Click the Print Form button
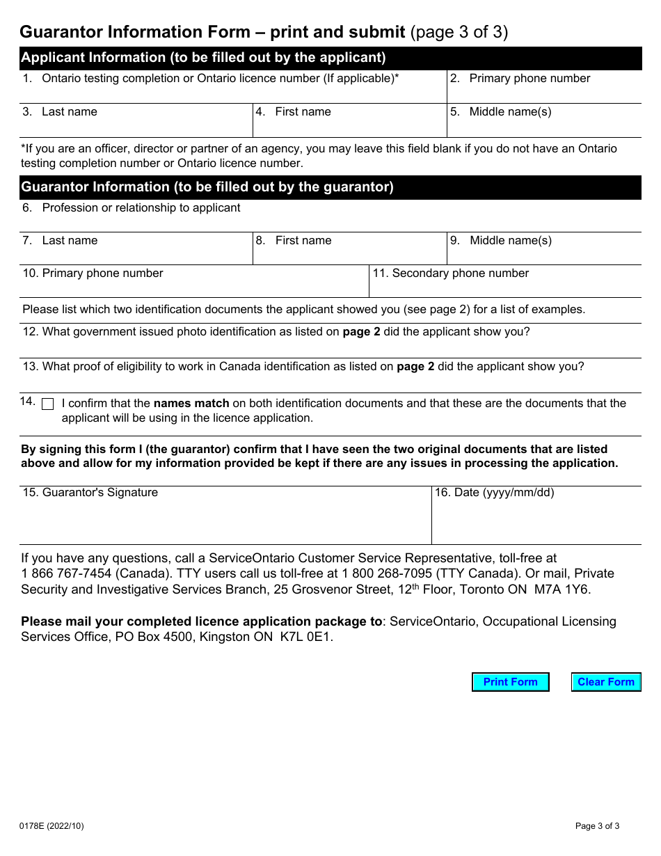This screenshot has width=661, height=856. coord(510,682)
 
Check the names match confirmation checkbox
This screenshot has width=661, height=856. coord(48,404)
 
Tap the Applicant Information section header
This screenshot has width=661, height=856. coord(330,58)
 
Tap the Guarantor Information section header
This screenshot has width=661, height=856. coord(330,187)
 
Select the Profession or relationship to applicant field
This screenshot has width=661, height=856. coord(330,222)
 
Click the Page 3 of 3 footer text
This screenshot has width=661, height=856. coord(597,826)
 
